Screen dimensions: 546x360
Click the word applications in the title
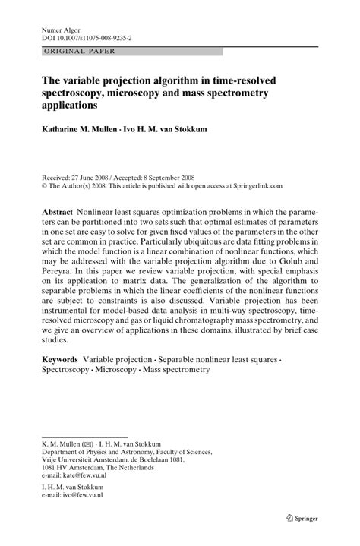coord(70,107)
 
